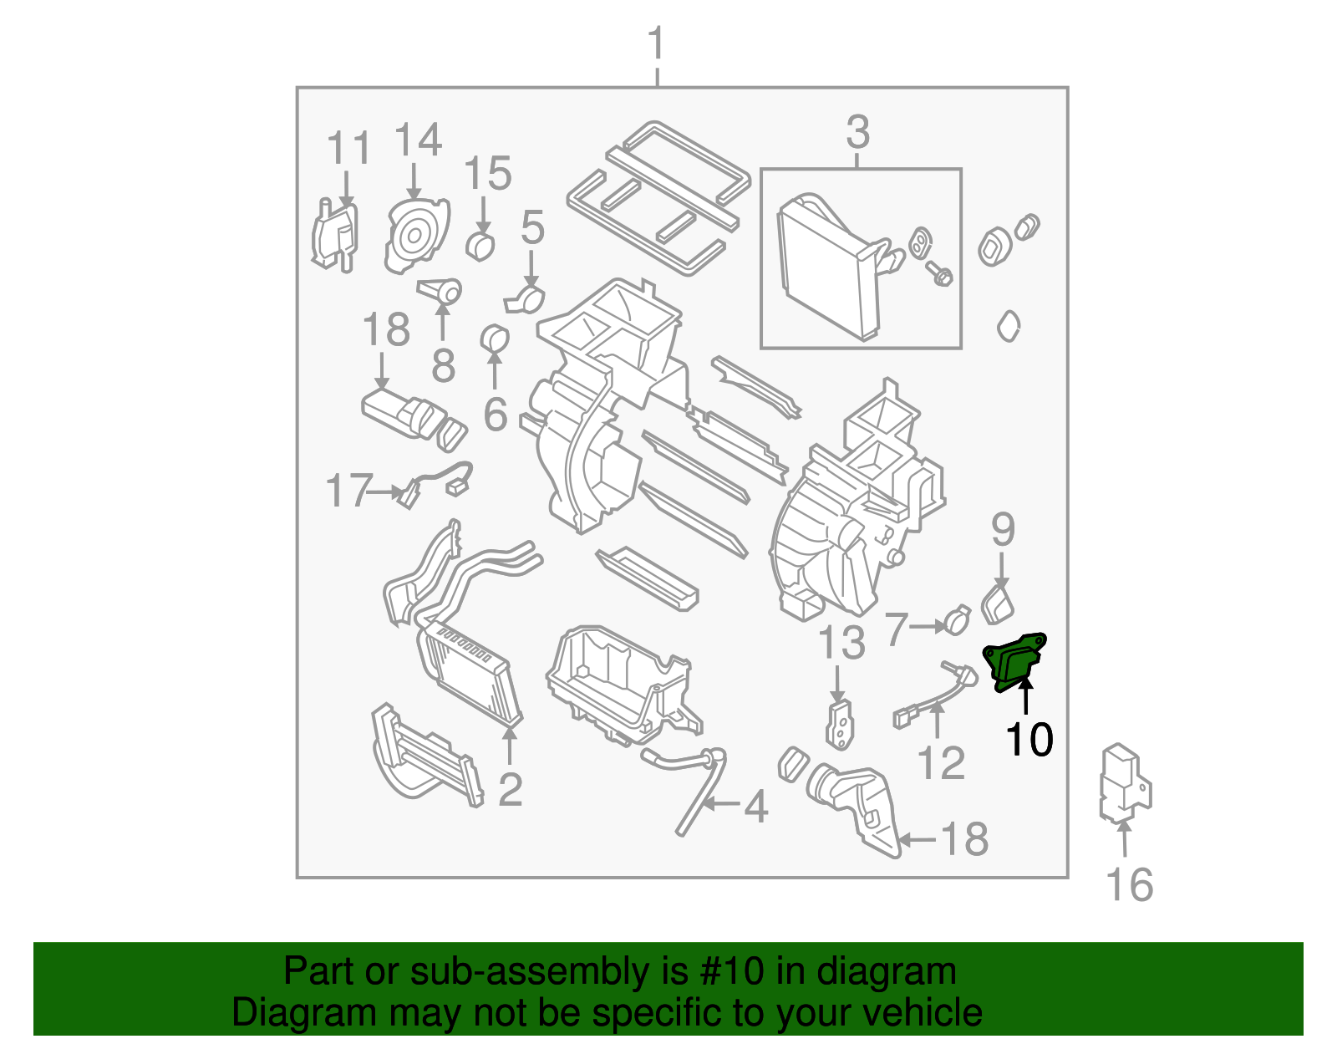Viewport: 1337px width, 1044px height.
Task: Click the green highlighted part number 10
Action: (1014, 660)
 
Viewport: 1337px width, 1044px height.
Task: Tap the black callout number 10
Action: (1029, 739)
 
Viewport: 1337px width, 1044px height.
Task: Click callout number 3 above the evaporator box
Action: (858, 133)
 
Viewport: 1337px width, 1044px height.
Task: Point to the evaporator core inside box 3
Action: (827, 267)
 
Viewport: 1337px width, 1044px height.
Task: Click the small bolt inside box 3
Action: (939, 272)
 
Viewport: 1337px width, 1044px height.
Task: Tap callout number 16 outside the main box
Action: (1129, 884)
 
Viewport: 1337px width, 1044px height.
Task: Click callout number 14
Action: (417, 140)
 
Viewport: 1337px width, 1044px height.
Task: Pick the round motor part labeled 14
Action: (414, 237)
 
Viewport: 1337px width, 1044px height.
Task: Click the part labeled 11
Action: (333, 237)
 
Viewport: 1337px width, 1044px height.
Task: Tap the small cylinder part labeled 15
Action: (480, 246)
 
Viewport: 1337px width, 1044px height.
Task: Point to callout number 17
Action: (347, 491)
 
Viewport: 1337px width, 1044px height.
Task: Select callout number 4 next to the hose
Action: (755, 807)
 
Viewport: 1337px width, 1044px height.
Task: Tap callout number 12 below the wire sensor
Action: (941, 762)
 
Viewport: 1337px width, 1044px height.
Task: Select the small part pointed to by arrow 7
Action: (958, 620)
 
